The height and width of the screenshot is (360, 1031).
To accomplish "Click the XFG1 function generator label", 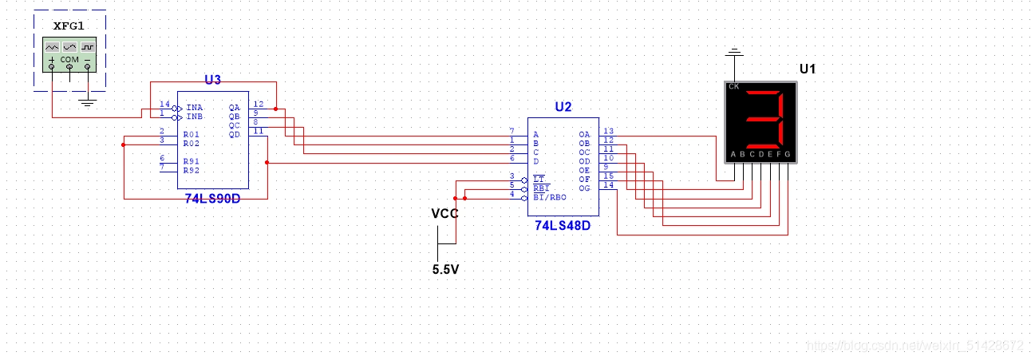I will [x=69, y=26].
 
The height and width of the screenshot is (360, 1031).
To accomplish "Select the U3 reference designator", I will [x=212, y=79].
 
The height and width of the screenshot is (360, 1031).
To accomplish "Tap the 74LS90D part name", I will [x=211, y=198].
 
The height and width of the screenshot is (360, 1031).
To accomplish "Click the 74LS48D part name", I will [x=563, y=226].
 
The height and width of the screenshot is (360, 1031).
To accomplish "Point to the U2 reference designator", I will [x=563, y=107].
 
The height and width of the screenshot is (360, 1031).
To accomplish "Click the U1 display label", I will [x=808, y=69].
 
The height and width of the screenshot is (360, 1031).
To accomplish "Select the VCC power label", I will [x=444, y=213].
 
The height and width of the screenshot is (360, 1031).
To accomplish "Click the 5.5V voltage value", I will [x=445, y=270].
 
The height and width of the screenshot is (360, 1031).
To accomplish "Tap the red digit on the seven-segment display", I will [x=764, y=117].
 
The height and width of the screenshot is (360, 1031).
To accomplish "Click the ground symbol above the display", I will [x=733, y=55].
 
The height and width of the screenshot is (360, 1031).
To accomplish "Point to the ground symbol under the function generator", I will [x=88, y=101].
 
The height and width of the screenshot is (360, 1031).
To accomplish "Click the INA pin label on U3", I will [x=194, y=108].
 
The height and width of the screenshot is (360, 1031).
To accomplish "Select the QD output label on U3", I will [x=235, y=134].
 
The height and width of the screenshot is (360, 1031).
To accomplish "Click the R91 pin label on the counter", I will [x=192, y=161].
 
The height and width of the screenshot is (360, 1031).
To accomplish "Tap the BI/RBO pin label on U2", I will [x=549, y=196].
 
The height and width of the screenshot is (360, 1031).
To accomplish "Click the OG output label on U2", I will [x=584, y=188].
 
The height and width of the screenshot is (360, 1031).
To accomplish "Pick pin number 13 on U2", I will [x=608, y=131].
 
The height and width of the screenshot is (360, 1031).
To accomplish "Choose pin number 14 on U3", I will [x=164, y=105].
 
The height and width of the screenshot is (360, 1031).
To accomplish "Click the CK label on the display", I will [x=733, y=86].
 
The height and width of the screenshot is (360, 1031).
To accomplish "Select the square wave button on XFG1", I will [x=88, y=47].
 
